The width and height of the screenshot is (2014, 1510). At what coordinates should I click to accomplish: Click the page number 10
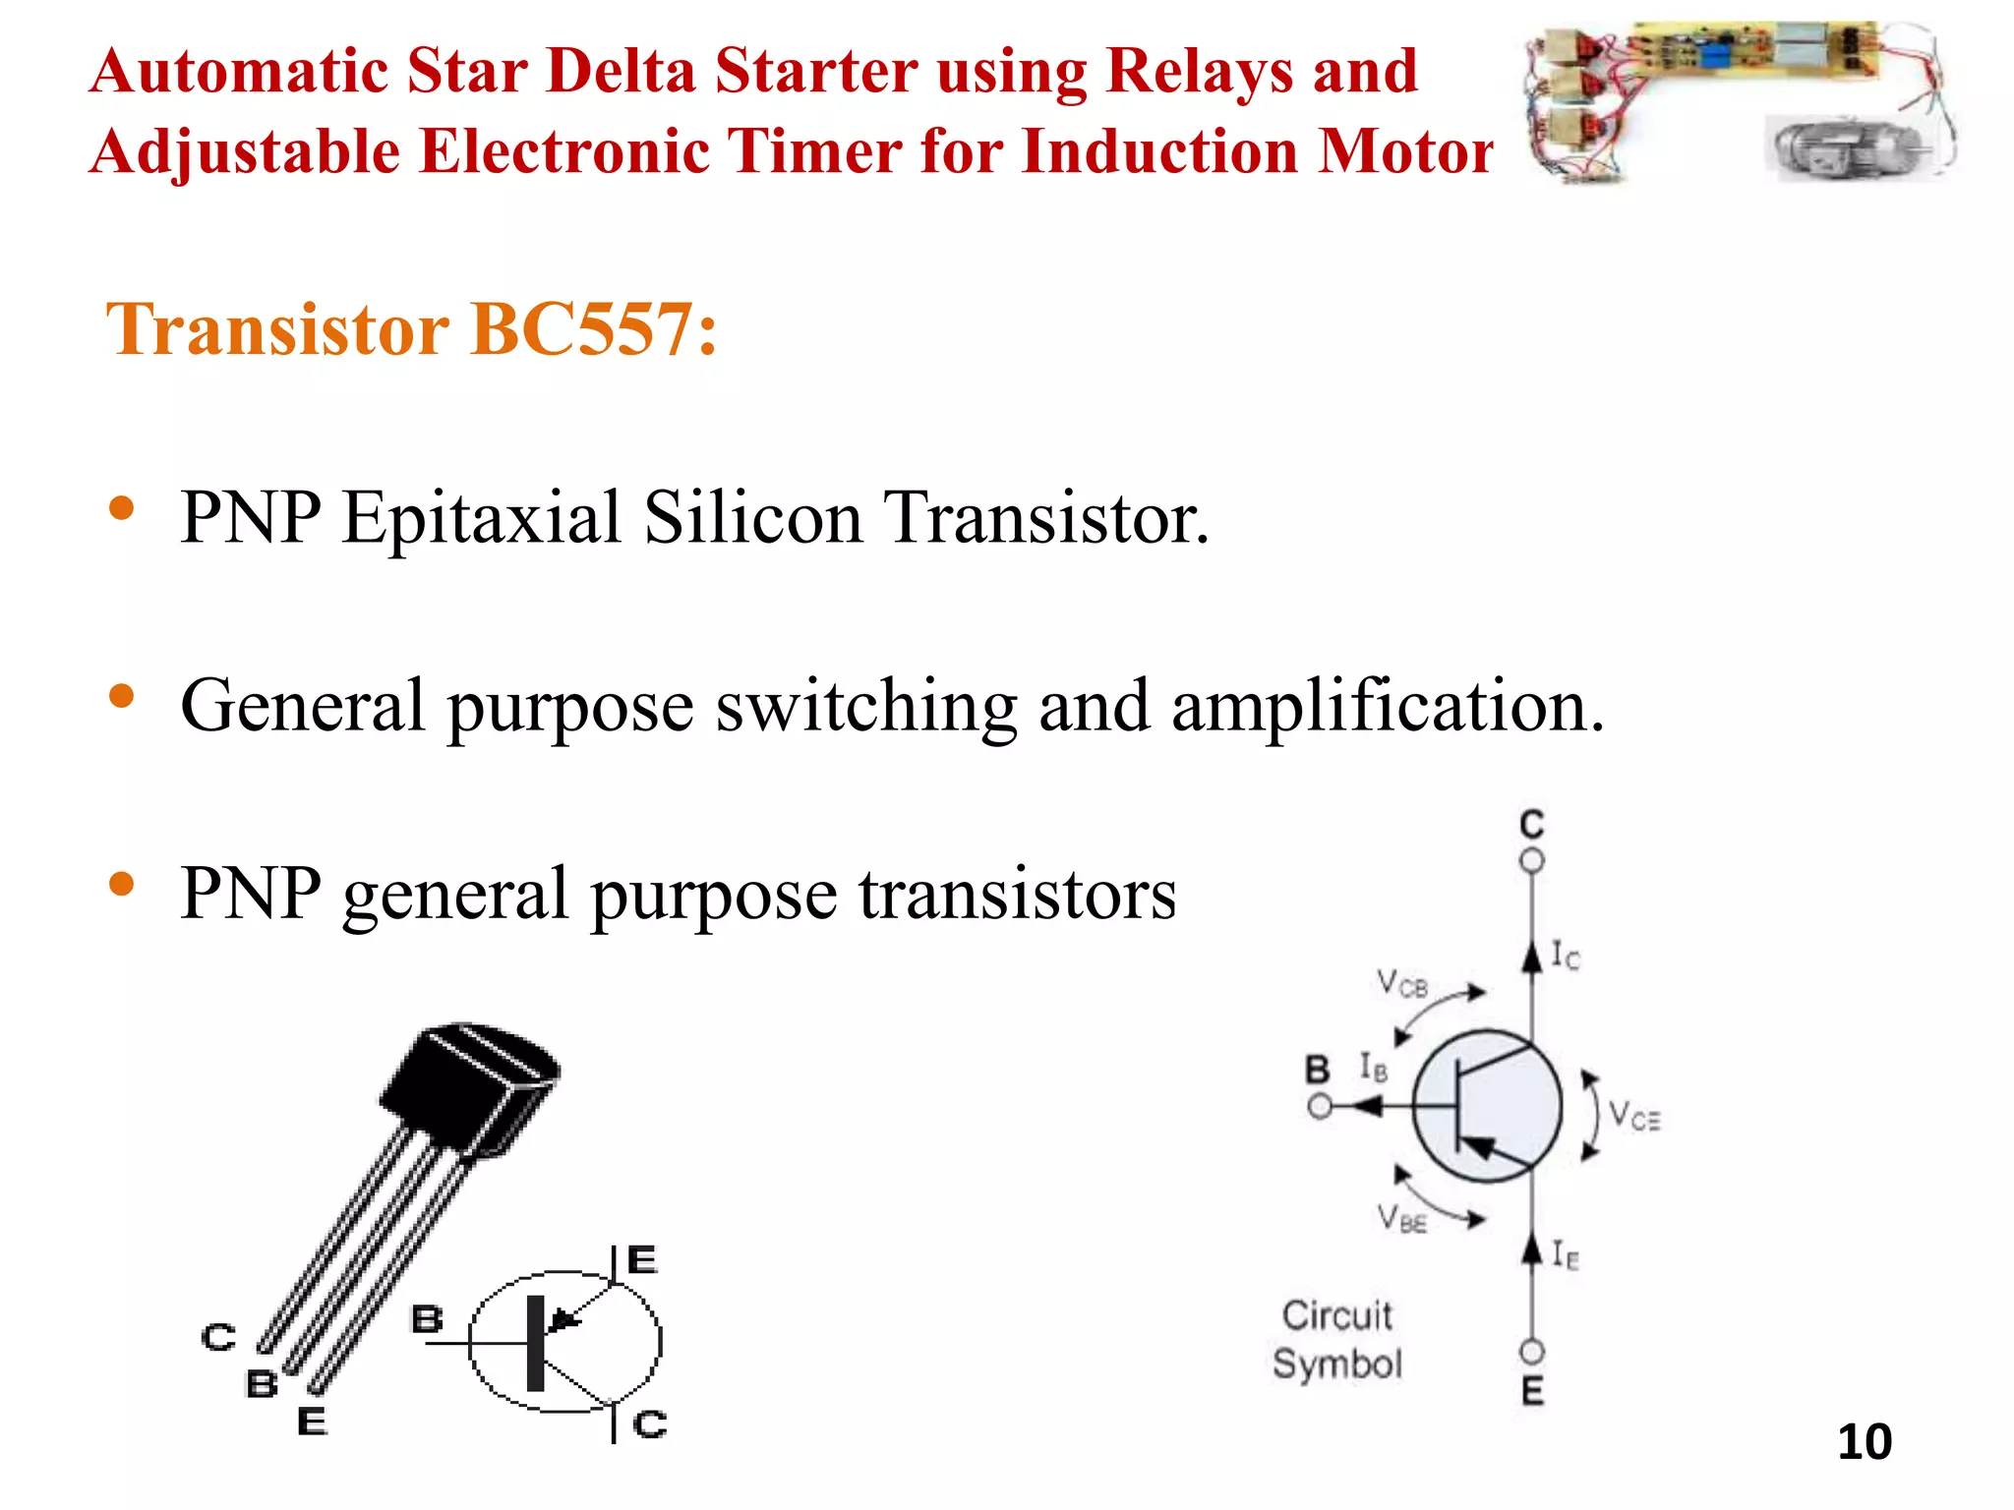(1864, 1442)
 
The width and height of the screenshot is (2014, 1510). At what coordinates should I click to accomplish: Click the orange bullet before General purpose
(122, 697)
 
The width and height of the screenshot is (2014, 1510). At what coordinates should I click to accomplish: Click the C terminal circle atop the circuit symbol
(1531, 861)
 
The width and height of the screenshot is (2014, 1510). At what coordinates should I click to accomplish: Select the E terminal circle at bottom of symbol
(1531, 1352)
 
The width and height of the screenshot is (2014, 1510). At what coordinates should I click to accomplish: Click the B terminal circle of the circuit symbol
(1320, 1107)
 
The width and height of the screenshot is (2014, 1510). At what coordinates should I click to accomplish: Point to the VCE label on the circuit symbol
(1633, 1116)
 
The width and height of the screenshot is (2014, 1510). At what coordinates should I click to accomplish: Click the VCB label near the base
(1401, 983)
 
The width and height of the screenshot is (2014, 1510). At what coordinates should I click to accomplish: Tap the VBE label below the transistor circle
(1401, 1219)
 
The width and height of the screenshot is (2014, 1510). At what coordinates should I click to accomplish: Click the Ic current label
(1566, 955)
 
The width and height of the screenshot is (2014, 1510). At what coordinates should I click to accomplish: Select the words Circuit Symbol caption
(1337, 1339)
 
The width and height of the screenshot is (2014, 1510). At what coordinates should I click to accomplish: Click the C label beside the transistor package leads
(218, 1337)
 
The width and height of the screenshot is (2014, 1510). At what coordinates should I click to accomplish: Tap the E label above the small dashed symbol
(641, 1259)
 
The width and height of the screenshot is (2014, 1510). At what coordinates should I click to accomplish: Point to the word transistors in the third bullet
(1017, 894)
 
